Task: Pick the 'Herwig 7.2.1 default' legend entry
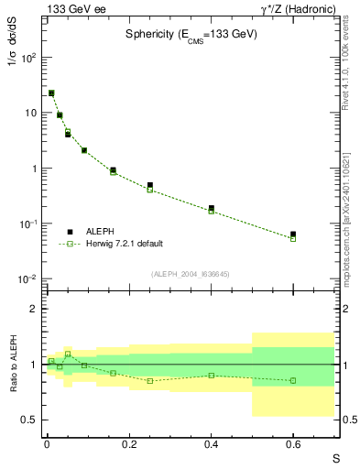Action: tap(125, 244)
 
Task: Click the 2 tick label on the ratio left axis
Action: tap(34, 309)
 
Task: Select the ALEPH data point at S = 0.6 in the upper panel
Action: tap(293, 234)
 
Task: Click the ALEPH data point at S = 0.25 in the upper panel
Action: tap(149, 185)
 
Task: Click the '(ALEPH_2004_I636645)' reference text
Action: tap(191, 273)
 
